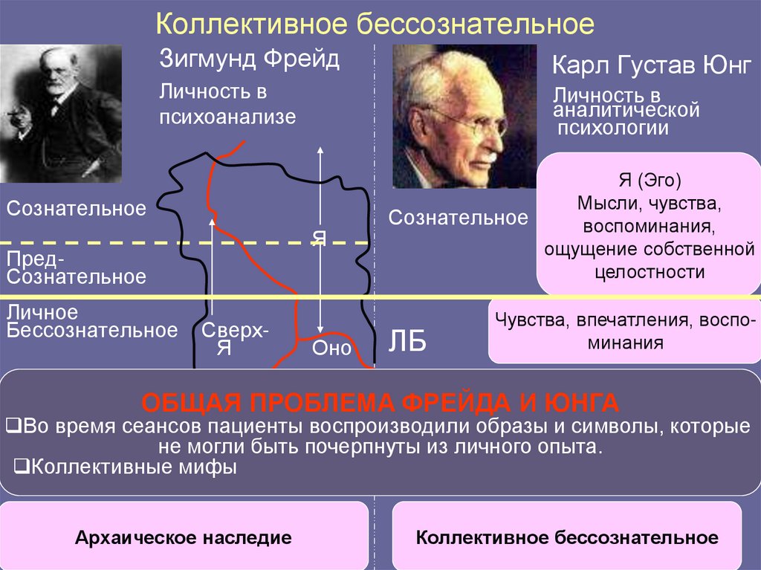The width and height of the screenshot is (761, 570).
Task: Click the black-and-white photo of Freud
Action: coord(60,113)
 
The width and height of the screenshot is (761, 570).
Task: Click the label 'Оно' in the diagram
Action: coord(331,348)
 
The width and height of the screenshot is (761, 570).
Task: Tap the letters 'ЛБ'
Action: coord(408,343)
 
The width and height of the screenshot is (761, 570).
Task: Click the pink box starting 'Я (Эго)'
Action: coord(649,224)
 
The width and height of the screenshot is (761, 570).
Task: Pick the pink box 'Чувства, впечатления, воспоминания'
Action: coord(623,332)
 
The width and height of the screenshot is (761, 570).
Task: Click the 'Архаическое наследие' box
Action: coord(183,537)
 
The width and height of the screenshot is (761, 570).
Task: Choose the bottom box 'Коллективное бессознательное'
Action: coord(567,537)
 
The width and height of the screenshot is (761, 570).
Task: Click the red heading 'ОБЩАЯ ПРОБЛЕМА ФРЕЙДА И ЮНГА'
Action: coord(380,404)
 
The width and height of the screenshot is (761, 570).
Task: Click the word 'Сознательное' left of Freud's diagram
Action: coord(77,208)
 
